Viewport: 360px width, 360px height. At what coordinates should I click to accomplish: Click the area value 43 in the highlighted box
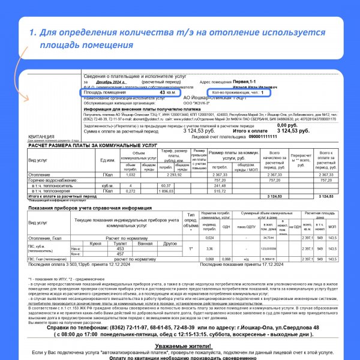pos(163,93)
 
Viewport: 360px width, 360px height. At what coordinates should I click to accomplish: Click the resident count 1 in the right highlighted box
pos(262,93)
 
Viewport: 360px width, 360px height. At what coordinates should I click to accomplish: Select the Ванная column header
pos(144,244)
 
